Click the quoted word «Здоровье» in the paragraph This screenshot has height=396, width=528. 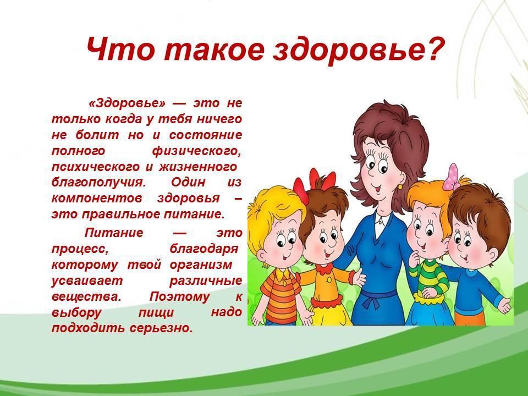click(127, 103)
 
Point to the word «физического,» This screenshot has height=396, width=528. click(197, 151)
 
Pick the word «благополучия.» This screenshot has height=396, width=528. click(98, 183)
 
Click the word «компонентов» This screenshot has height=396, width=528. click(97, 199)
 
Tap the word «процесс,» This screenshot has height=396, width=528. click(80, 249)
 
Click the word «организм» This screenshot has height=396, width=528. click(201, 265)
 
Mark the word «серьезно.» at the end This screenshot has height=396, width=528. click(161, 328)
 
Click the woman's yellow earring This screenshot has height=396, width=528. click(400, 186)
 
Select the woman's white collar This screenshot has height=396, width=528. click(382, 222)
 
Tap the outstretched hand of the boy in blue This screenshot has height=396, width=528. click(504, 305)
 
